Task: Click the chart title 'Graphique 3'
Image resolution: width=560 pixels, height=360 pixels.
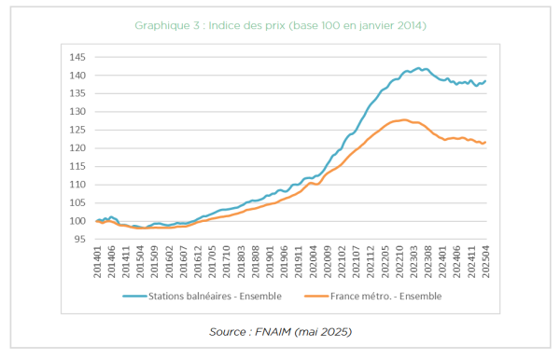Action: (x=167, y=26)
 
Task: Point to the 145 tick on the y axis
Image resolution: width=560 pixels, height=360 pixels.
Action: (x=77, y=57)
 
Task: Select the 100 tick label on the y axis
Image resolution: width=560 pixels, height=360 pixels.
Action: (x=77, y=221)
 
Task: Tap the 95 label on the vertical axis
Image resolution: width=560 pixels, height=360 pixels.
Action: (x=80, y=240)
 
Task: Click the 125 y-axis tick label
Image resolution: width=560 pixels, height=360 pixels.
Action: (x=77, y=130)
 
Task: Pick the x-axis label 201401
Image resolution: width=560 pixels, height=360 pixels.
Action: (x=97, y=261)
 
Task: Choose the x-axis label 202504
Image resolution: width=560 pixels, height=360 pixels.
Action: (x=485, y=261)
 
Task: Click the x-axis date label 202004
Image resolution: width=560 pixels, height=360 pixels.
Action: (x=314, y=261)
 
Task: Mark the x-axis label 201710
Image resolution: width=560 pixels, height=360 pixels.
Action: (x=227, y=261)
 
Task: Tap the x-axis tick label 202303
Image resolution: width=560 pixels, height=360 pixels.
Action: (x=413, y=261)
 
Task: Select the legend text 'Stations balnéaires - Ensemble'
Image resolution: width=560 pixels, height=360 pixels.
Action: (x=215, y=297)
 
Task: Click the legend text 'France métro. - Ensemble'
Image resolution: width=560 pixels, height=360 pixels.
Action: (x=386, y=297)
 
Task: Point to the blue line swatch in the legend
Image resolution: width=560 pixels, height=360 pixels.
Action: (x=134, y=297)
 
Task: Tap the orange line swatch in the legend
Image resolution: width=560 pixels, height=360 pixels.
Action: (x=316, y=297)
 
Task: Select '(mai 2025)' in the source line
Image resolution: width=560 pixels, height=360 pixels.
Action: (x=323, y=332)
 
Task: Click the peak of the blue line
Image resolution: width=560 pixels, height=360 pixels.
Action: (x=418, y=68)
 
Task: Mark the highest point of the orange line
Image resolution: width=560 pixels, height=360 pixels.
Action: (x=404, y=120)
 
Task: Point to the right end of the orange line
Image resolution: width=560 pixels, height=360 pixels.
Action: (x=485, y=143)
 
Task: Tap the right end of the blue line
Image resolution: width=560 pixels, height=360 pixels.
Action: (x=485, y=81)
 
